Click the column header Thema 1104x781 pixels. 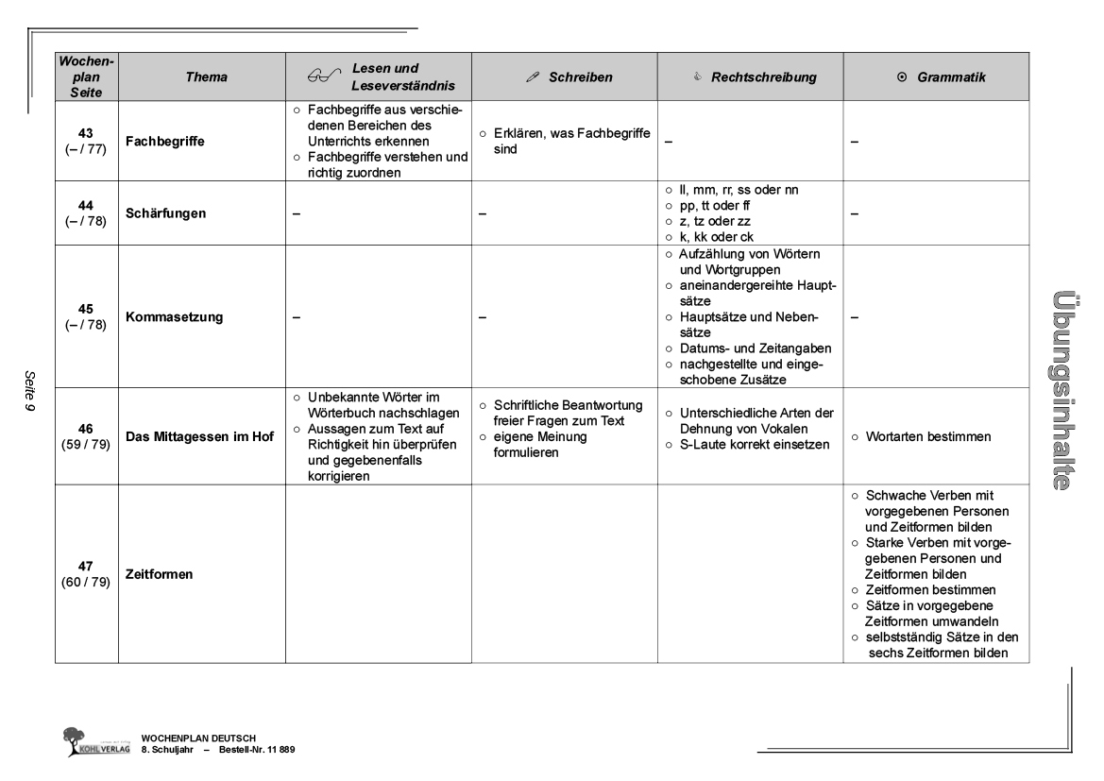point(199,76)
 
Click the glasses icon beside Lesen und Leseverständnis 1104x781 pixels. point(324,77)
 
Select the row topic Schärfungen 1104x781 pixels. point(166,213)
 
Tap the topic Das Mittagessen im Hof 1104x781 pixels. point(200,436)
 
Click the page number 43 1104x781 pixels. point(85,134)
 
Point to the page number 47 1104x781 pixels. point(85,566)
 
